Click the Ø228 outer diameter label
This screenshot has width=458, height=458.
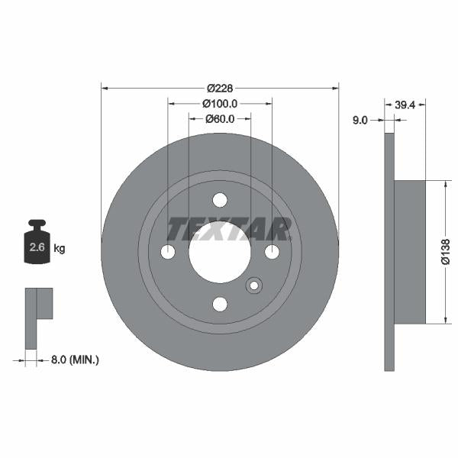tap(220, 86)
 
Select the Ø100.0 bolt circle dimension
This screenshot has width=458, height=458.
tap(220, 103)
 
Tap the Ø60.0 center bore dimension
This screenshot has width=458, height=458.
tap(220, 118)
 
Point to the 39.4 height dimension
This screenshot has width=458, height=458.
tap(405, 105)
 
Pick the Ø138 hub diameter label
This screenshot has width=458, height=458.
tap(446, 251)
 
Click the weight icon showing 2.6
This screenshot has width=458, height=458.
tap(38, 244)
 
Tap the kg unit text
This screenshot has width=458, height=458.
tap(60, 248)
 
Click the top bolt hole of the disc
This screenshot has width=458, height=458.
tap(220, 200)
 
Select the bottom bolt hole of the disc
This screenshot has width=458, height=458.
tap(220, 304)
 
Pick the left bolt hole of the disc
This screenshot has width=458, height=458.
tap(168, 252)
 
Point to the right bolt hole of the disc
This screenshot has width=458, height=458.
tap(272, 252)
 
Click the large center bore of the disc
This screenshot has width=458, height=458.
tap(220, 252)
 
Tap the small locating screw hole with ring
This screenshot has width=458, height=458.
tap(253, 286)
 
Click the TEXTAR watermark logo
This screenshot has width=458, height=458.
tap(229, 228)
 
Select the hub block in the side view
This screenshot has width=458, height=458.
tap(409, 252)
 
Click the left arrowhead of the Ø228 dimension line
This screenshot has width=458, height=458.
tap(105, 86)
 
